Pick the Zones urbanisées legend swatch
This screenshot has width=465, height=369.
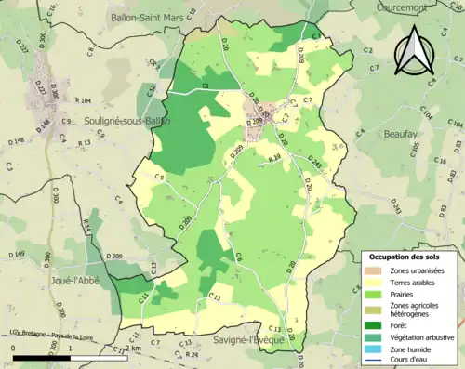373,270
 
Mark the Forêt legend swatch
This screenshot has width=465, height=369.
373,324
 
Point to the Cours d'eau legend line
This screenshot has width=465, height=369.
373,361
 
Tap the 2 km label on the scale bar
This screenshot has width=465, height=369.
136,347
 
